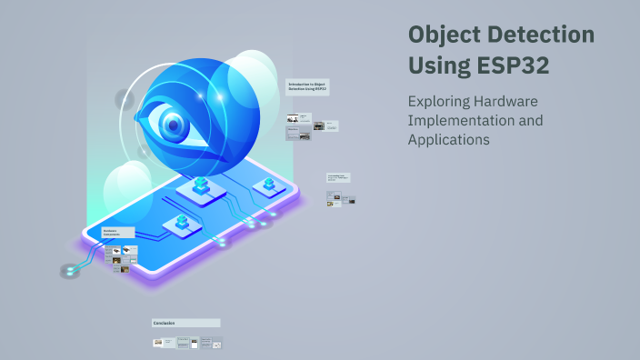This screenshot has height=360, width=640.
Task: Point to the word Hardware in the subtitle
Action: pyautogui.click(x=509, y=101)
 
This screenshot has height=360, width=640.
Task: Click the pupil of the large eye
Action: pyautogui.click(x=173, y=123)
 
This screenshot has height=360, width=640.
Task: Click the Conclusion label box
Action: pyautogui.click(x=185, y=323)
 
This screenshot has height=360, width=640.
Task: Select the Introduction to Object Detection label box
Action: pyautogui.click(x=307, y=87)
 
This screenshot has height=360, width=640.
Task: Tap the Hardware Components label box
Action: pyautogui.click(x=118, y=233)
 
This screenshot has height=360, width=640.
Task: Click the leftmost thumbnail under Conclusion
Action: pyautogui.click(x=158, y=343)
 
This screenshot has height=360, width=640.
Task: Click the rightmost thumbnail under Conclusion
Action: pyautogui.click(x=217, y=343)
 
